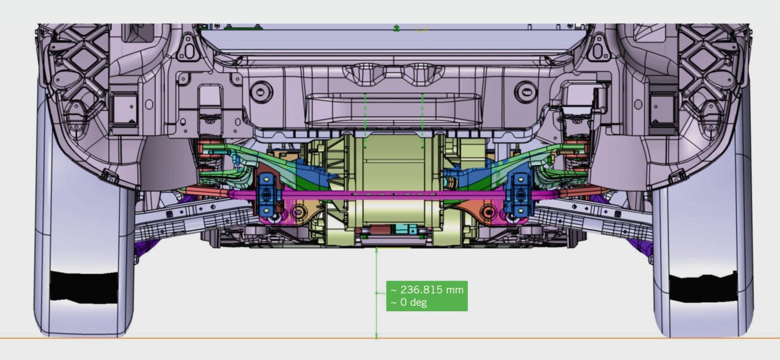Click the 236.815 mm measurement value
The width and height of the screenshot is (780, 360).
click(x=432, y=289)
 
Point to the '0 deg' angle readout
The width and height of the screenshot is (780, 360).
click(x=413, y=302)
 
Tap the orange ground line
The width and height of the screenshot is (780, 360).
click(x=390, y=338)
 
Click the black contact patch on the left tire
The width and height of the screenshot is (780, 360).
click(x=84, y=287)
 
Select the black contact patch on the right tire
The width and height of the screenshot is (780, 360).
click(x=703, y=289)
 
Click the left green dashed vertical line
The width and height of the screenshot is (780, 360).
click(x=365, y=120)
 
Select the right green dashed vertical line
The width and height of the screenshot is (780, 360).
click(x=422, y=120)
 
